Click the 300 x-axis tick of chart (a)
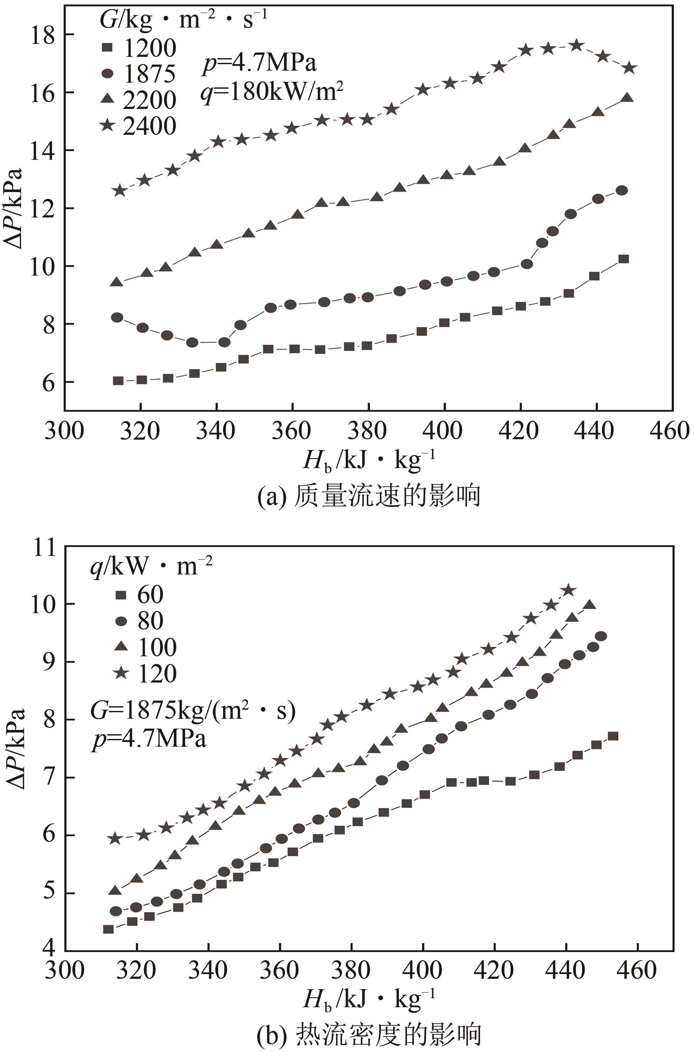coord(65,431)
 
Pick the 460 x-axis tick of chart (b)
coord(637,970)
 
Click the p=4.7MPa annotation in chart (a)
coord(259,64)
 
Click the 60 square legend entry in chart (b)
coord(139,595)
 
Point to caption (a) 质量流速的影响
coord(369,497)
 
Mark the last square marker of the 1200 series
coord(624,259)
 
